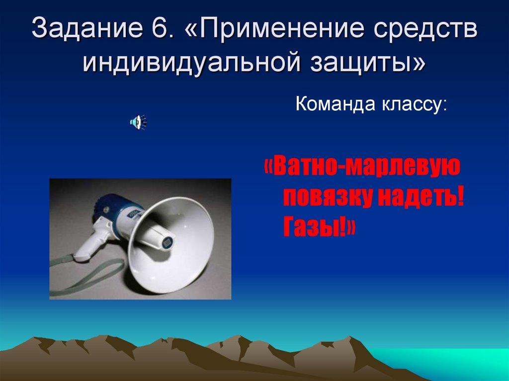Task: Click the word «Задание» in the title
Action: pyautogui.click(x=87, y=30)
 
